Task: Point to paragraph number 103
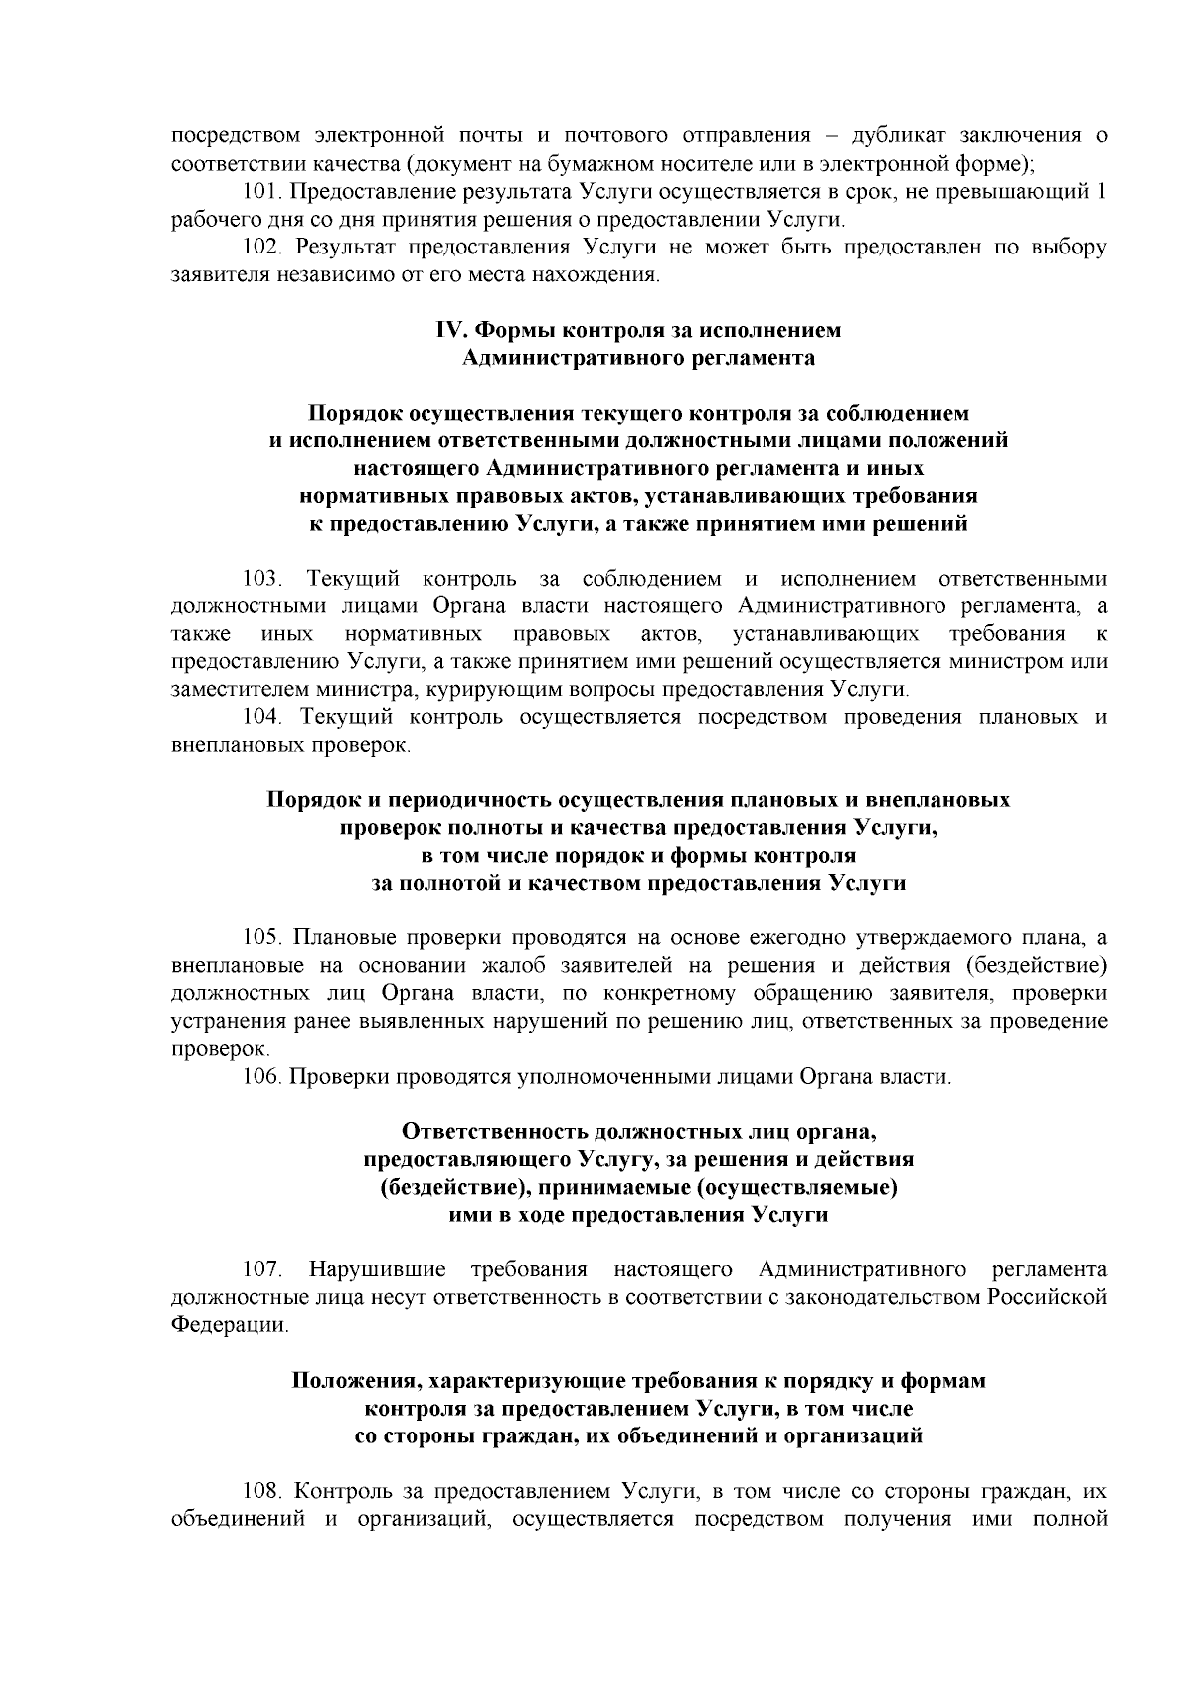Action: tap(262, 579)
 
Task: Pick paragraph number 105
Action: tap(262, 937)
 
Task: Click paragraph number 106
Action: tap(262, 1077)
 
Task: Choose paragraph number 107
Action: tap(262, 1269)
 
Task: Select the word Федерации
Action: tap(230, 1325)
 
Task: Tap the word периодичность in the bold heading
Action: tap(467, 800)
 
